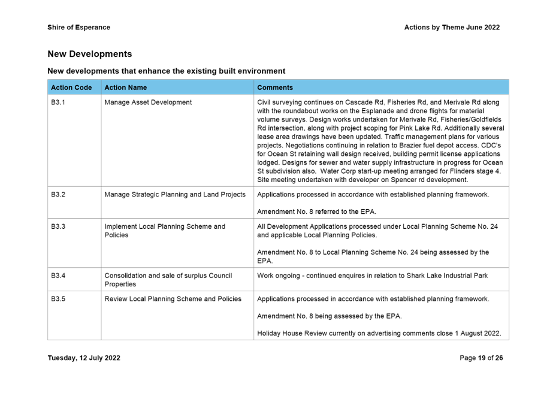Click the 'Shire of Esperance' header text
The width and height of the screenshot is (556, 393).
click(78, 28)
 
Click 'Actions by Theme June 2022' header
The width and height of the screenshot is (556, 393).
click(452, 28)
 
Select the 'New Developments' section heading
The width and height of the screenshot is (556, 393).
click(89, 55)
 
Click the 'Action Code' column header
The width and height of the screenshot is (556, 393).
click(71, 87)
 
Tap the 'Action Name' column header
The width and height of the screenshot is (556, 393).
click(125, 87)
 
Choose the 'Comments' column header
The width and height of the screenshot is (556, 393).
click(275, 87)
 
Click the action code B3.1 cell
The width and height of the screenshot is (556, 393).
click(58, 103)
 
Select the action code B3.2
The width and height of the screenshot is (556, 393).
click(58, 195)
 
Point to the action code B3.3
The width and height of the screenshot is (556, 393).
click(58, 227)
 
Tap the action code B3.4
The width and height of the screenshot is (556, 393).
click(58, 276)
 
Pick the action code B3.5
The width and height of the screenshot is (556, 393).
click(58, 299)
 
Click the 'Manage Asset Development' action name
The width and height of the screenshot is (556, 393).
click(148, 103)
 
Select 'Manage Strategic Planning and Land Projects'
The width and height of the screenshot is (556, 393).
click(175, 195)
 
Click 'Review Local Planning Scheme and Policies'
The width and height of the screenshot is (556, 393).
click(173, 299)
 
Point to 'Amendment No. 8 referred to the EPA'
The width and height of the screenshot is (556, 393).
click(316, 212)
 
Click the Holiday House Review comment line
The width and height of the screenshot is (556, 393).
click(379, 334)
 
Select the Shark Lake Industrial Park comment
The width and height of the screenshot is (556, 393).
click(372, 276)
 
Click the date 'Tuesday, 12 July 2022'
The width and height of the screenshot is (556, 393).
click(84, 358)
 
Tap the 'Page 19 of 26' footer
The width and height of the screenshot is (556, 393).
click(481, 358)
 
